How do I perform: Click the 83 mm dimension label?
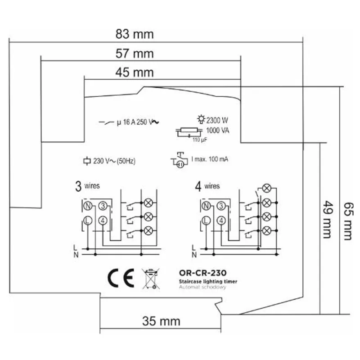[x=135, y=34]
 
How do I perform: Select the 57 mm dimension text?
[x=135, y=54]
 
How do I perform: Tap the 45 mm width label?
[x=135, y=72]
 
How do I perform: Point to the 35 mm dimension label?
[x=161, y=321]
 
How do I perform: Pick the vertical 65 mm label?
[x=347, y=221]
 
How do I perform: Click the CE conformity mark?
[x=121, y=278]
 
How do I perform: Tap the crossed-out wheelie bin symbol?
[x=151, y=279]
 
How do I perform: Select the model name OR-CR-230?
[x=203, y=273]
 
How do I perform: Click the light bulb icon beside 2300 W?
[x=201, y=119]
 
